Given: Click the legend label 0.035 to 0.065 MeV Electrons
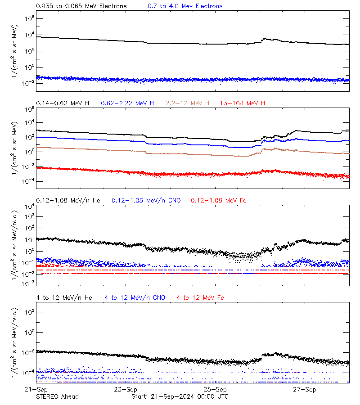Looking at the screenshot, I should tap(81, 6).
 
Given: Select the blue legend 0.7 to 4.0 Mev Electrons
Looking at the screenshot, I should tap(185, 6).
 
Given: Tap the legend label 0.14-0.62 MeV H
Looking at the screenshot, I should tap(63, 103).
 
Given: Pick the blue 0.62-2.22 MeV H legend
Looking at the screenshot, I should tap(127, 103).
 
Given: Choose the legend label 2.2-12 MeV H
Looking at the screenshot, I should tap(188, 103).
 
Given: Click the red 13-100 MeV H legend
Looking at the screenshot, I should tap(243, 103).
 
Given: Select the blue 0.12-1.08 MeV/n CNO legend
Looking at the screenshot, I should tap(146, 200).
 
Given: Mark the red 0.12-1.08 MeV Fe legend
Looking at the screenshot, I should tap(219, 200).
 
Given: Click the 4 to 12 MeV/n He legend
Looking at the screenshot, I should tap(64, 297).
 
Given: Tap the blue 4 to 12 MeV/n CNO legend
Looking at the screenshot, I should tap(135, 297).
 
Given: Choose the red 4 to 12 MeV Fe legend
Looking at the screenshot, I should tap(200, 297).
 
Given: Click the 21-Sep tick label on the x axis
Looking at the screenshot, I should tap(36, 389).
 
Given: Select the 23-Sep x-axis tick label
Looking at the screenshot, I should tap(126, 389).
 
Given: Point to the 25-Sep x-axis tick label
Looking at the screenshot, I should tap(215, 389).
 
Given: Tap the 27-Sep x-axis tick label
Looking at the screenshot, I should tap(304, 389).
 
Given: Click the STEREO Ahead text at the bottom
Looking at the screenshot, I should tap(57, 396).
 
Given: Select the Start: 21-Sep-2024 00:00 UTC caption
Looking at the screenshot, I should tap(180, 396).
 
